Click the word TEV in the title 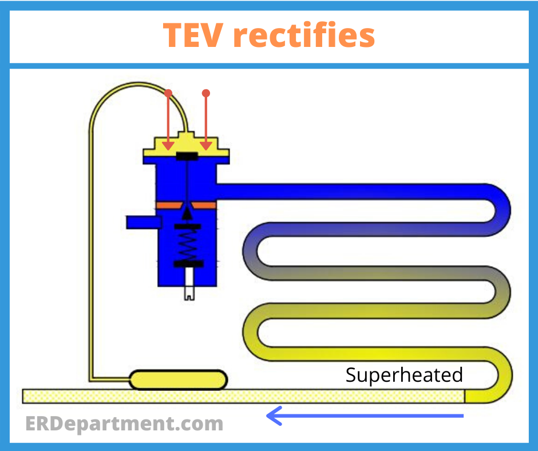pyautogui.click(x=193, y=35)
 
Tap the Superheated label pyautogui.click(x=404, y=374)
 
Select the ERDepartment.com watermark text pyautogui.click(x=124, y=424)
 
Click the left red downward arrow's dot pyautogui.click(x=168, y=93)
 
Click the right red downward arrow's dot pyautogui.click(x=206, y=93)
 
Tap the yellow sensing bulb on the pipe pyautogui.click(x=179, y=380)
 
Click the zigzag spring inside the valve pyautogui.click(x=188, y=246)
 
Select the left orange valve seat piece pyautogui.click(x=169, y=205)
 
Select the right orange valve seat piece pyautogui.click(x=204, y=205)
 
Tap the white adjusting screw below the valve pyautogui.click(x=189, y=284)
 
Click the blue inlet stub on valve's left pyautogui.click(x=144, y=223)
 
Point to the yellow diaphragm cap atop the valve pyautogui.click(x=187, y=144)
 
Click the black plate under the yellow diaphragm pyautogui.click(x=187, y=156)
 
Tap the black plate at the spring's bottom pyautogui.click(x=189, y=264)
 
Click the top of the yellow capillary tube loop pyautogui.click(x=138, y=84)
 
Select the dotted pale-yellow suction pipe pyautogui.click(x=244, y=396)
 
